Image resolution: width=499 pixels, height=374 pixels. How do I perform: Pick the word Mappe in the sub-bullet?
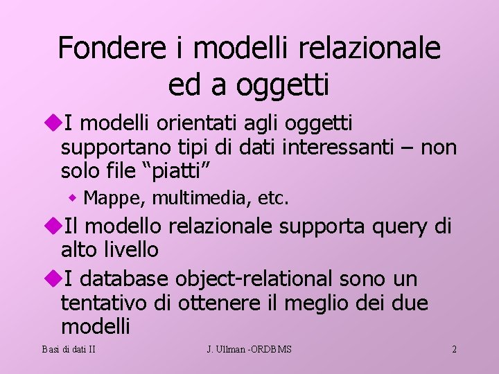(x=112, y=199)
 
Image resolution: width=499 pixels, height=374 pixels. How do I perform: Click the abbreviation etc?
(x=273, y=199)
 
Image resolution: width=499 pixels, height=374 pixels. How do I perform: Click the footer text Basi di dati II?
(x=68, y=349)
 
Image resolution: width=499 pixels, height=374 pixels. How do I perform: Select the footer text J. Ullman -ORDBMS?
(x=249, y=349)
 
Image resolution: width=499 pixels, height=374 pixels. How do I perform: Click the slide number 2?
(x=454, y=349)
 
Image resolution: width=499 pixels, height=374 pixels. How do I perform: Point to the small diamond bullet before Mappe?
(x=73, y=199)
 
